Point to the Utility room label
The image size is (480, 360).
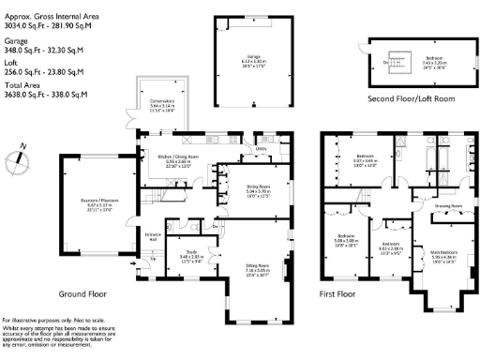(262, 149)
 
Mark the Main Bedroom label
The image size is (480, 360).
(443, 251)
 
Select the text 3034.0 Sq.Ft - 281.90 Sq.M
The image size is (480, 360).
(45, 27)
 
